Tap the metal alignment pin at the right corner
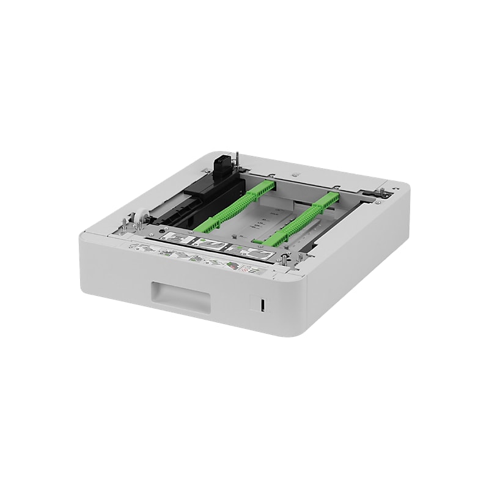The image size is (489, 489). [x=383, y=194]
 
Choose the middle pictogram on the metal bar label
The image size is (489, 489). [x=211, y=244]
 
